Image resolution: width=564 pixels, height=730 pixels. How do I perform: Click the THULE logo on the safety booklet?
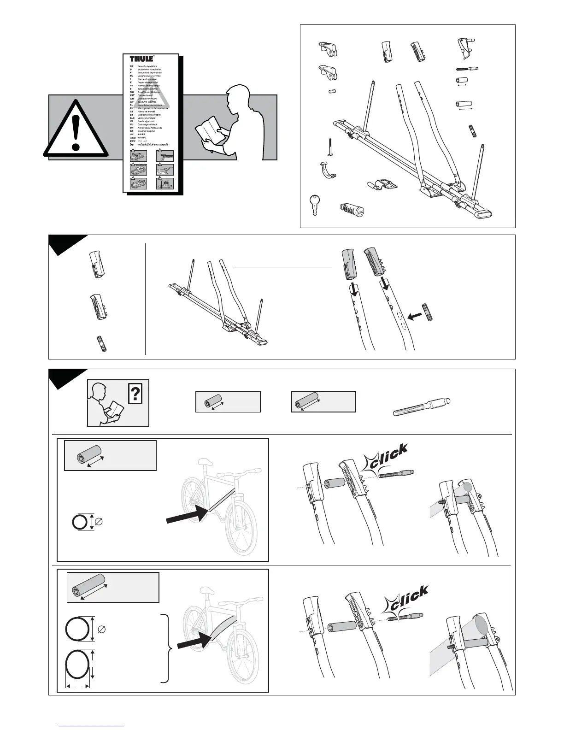point(141,59)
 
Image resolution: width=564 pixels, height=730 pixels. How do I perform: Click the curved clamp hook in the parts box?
point(327,170)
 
